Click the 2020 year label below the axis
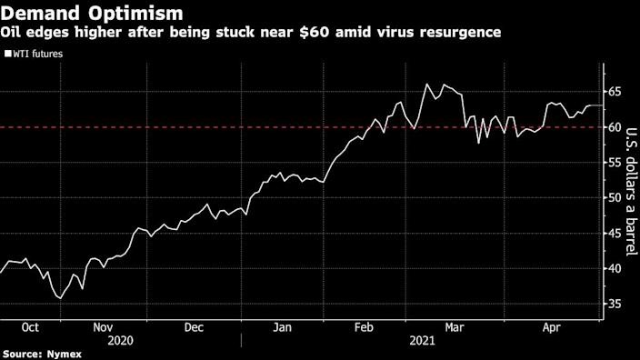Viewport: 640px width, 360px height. tap(121, 340)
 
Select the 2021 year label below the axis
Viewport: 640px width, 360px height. tap(423, 340)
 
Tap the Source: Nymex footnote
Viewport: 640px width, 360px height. tap(40, 354)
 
